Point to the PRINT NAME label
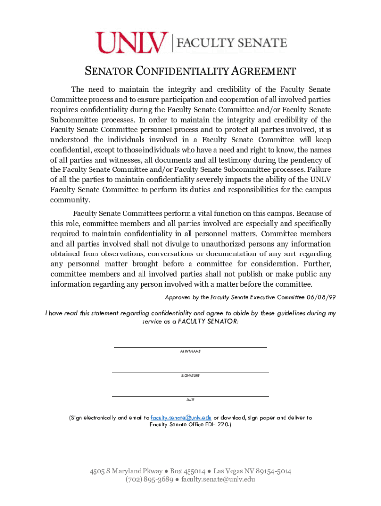click(190, 351)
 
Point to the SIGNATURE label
click(190, 376)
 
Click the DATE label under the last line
click(190, 400)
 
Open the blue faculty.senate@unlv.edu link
click(181, 418)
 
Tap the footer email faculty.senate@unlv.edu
click(218, 479)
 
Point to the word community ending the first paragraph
click(70, 200)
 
